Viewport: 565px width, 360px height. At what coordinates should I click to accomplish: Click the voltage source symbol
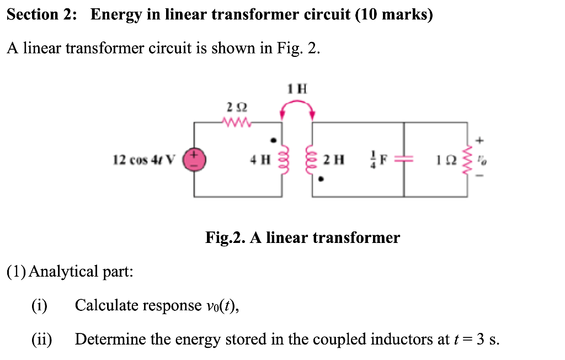pyautogui.click(x=194, y=160)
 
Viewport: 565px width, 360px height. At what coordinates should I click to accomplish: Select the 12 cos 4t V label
pyautogui.click(x=142, y=160)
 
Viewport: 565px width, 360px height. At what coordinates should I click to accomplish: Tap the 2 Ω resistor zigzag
pyautogui.click(x=238, y=122)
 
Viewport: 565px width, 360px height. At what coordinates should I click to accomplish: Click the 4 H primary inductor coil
pyautogui.click(x=283, y=160)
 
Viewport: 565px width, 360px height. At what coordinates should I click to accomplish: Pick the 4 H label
pyautogui.click(x=259, y=160)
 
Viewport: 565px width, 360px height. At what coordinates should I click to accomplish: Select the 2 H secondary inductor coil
pyautogui.click(x=313, y=160)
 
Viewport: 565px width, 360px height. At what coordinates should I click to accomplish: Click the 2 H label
pyautogui.click(x=334, y=160)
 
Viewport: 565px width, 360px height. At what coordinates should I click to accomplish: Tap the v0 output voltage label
pyautogui.click(x=484, y=160)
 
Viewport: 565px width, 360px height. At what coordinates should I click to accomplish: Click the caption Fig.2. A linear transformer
pyautogui.click(x=302, y=238)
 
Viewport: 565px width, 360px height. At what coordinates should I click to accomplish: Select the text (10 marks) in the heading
pyautogui.click(x=394, y=15)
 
